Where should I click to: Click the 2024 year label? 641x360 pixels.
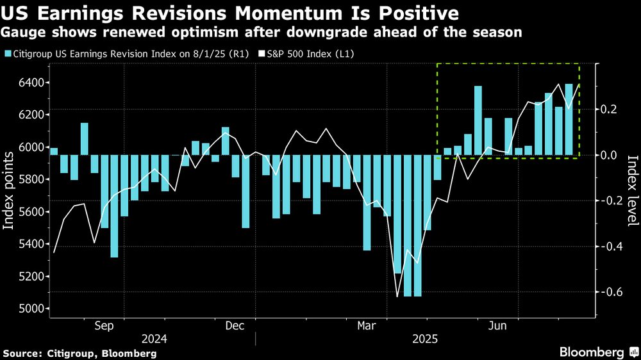pos(156,339)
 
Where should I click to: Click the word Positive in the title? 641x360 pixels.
pos(402,13)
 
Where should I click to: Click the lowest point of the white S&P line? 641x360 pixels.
pos(397,297)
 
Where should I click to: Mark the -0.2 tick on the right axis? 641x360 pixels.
pos(610,201)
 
